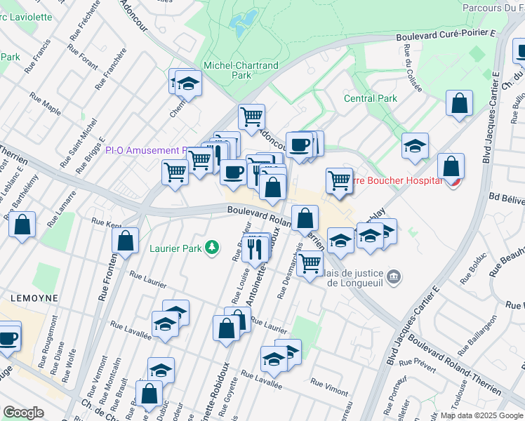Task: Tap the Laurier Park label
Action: (175, 248)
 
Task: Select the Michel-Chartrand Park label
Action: (241, 70)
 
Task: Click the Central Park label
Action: (370, 99)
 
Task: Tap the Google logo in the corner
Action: (25, 413)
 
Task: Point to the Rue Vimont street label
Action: (328, 385)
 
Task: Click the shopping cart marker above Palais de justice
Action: (309, 265)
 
